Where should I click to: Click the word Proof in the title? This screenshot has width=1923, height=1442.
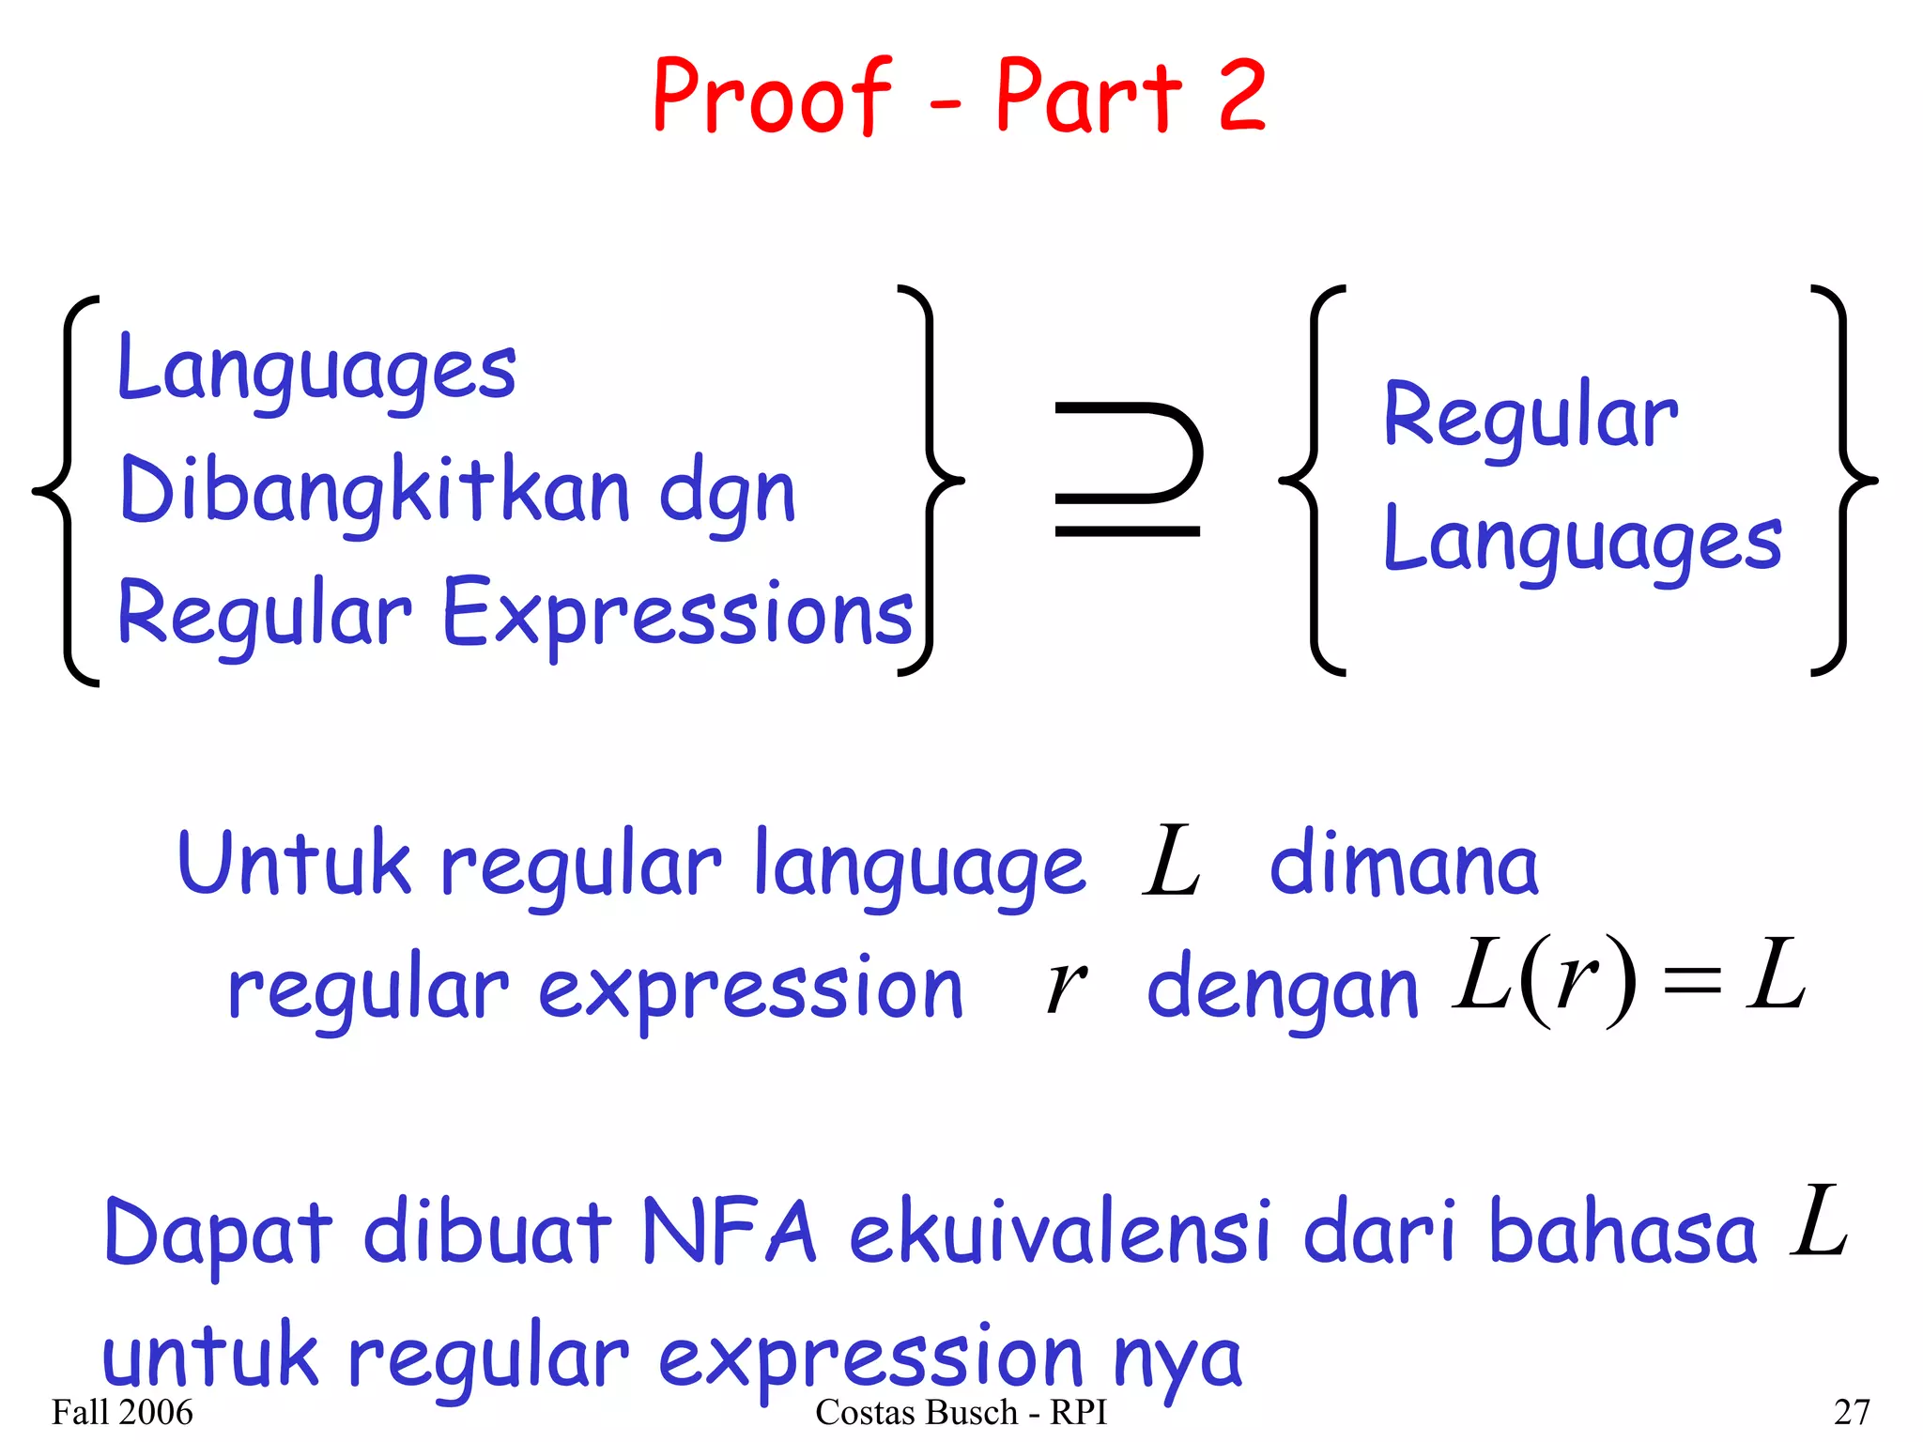(772, 98)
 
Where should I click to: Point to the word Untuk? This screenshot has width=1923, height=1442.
(294, 863)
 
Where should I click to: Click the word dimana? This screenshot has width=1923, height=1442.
(1404, 865)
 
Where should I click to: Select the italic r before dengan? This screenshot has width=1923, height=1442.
(1066, 988)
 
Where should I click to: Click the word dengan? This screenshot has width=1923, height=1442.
(1283, 989)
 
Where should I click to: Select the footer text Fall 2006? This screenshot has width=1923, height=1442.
(122, 1412)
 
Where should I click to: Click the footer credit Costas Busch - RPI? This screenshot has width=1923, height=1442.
(961, 1412)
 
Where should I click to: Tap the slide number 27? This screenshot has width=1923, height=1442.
(1852, 1412)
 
